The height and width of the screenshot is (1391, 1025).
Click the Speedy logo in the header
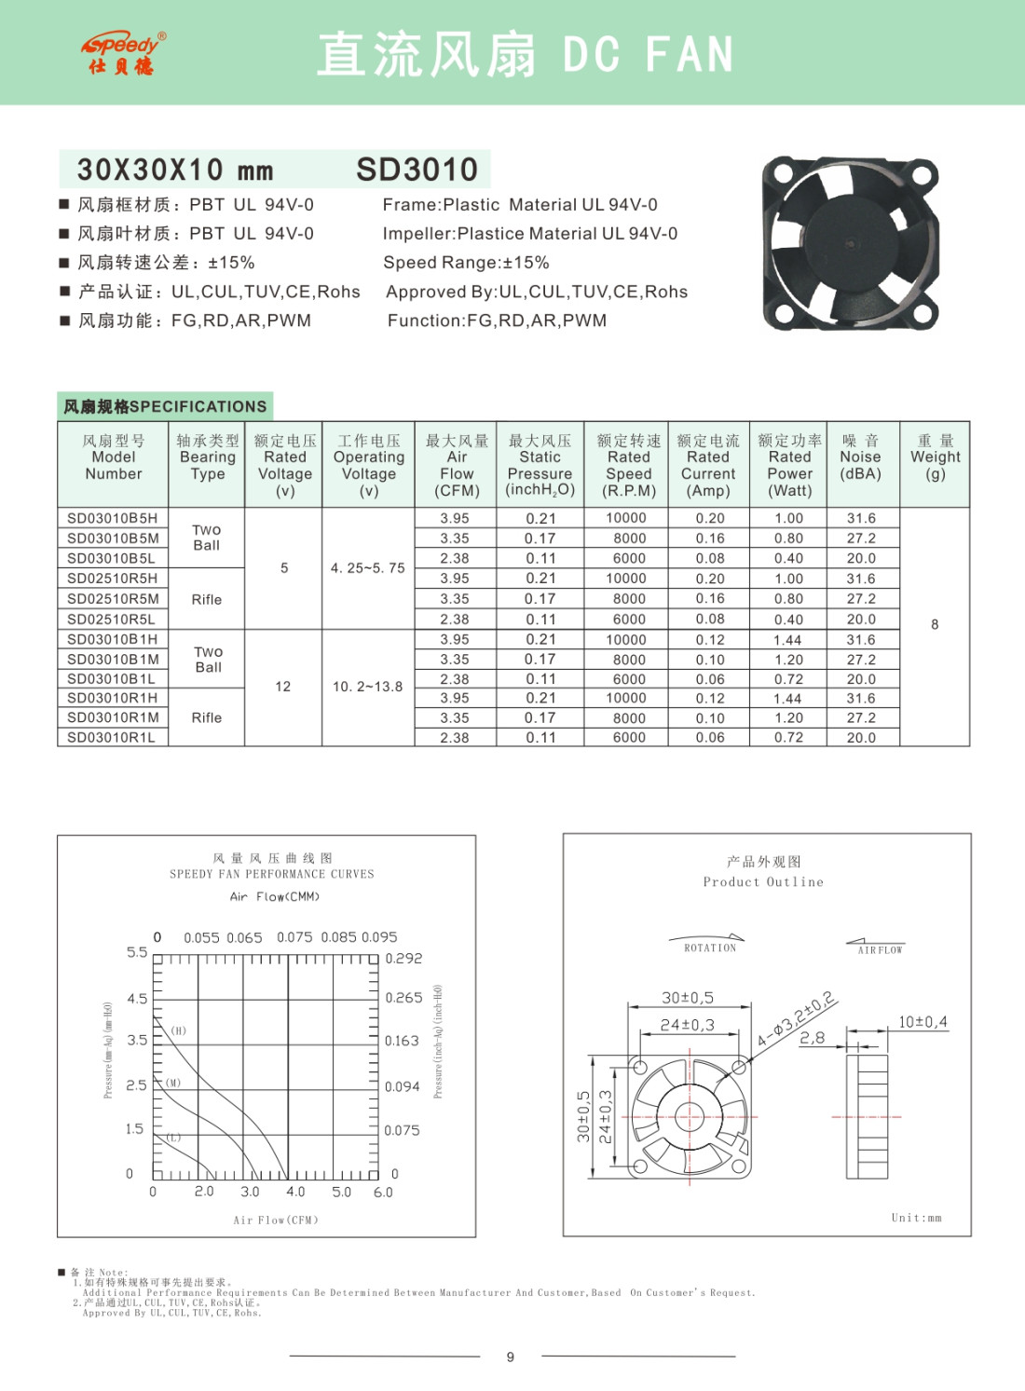(x=122, y=53)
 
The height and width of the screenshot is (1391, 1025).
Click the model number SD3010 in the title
(x=417, y=170)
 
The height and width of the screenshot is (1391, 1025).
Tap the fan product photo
(x=850, y=244)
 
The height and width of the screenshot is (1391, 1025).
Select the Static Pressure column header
(x=540, y=465)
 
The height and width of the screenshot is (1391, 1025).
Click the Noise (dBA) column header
(x=860, y=457)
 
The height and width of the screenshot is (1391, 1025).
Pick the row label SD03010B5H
(x=112, y=518)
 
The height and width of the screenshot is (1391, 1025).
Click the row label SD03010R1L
(x=111, y=737)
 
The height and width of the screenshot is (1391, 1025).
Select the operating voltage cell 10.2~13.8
(x=368, y=687)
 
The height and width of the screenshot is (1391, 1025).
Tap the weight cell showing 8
(x=935, y=624)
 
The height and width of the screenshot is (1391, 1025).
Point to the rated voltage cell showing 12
(x=283, y=687)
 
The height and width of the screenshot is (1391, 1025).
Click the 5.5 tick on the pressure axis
(x=137, y=952)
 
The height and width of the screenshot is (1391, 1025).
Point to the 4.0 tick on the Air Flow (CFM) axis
(x=295, y=1192)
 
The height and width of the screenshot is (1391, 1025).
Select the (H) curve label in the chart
(x=179, y=1030)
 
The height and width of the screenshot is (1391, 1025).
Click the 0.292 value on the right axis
(x=403, y=958)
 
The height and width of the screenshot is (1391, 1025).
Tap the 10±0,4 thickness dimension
(x=922, y=1022)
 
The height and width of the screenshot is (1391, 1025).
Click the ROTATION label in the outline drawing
(x=710, y=948)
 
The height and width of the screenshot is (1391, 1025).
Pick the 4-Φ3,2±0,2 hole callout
(x=796, y=1019)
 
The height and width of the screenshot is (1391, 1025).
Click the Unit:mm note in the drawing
(x=916, y=1218)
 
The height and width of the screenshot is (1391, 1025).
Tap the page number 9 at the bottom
(x=511, y=1357)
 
